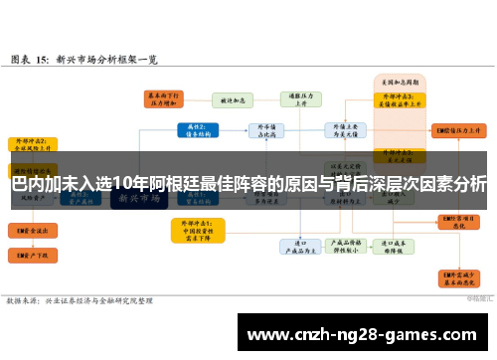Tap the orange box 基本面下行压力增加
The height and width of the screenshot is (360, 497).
pos(163,99)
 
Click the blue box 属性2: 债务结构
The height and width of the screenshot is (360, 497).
pos(195,130)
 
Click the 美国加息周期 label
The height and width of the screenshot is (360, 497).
pos(398,81)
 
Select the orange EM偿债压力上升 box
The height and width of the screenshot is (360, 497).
pos(458,130)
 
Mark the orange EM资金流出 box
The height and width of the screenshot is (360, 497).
pos(29,230)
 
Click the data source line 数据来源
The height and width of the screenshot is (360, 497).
pos(80,298)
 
